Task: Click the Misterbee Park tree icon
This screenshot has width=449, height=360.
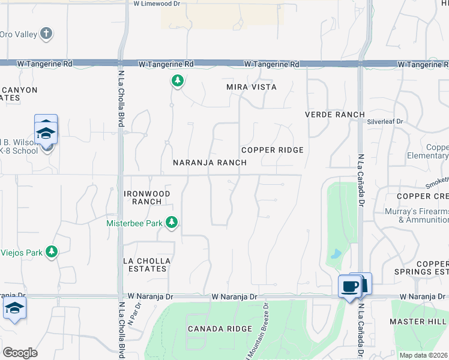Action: pyautogui.click(x=172, y=223)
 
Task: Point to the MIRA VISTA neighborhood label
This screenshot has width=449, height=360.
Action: pyautogui.click(x=252, y=87)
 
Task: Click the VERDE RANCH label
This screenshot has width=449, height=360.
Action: pyautogui.click(x=335, y=115)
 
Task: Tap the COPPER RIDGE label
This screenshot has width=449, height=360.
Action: pyautogui.click(x=272, y=150)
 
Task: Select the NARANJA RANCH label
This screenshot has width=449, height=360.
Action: pyautogui.click(x=209, y=163)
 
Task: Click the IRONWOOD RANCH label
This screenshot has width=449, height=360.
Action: pyautogui.click(x=147, y=197)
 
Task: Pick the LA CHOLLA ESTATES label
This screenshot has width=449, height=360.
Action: pyautogui.click(x=147, y=265)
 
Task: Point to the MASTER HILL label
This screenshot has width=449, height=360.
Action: pyautogui.click(x=419, y=322)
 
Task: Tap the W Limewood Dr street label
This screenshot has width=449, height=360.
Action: pyautogui.click(x=155, y=4)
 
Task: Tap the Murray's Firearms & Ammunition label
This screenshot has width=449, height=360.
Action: pyautogui.click(x=415, y=216)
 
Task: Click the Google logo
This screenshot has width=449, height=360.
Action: pyautogui.click(x=20, y=352)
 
